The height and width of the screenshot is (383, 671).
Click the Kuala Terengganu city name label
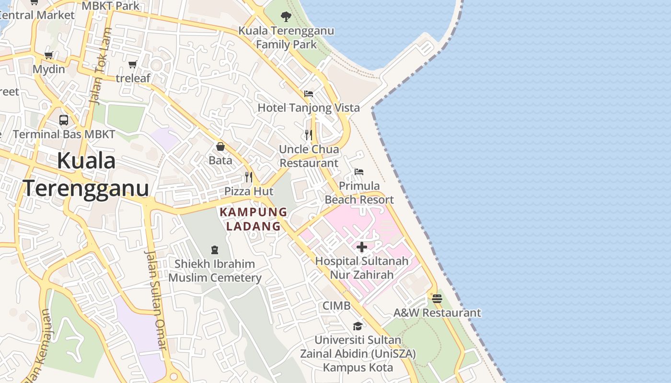(86, 175)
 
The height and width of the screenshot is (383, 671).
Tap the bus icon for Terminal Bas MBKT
(64, 120)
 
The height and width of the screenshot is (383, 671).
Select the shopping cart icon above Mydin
(48, 56)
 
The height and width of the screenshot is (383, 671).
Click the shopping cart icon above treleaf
(133, 64)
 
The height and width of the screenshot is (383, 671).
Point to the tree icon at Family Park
(286, 17)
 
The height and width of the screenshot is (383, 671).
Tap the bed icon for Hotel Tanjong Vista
(309, 94)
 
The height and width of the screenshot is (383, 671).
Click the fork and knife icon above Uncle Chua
(309, 135)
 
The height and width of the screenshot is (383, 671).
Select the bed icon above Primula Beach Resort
(359, 172)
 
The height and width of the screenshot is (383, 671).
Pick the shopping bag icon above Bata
(220, 146)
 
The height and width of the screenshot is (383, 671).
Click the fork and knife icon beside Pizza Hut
(248, 177)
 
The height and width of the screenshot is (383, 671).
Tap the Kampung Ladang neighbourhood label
(254, 219)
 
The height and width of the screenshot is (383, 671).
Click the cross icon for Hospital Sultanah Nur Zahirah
(362, 247)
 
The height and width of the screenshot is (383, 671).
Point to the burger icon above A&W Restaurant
(437, 299)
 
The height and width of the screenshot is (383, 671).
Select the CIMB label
(336, 305)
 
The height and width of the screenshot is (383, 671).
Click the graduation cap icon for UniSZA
(358, 326)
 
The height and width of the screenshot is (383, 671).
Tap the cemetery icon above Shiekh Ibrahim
(215, 249)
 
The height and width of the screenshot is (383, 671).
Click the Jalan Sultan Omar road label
(157, 299)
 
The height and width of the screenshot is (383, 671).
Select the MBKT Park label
(111, 6)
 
